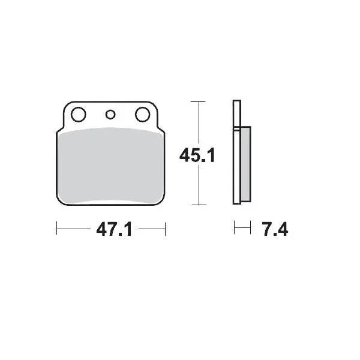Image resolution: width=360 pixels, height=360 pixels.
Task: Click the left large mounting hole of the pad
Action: pos(77,114)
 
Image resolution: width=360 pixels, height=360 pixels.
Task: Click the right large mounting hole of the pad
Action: pos(142,114)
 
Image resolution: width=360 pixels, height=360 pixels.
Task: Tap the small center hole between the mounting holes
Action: pos(110,114)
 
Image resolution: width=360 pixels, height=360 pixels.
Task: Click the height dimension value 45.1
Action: pos(197,155)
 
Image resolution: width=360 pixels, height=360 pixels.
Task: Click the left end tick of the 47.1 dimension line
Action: pos(56,229)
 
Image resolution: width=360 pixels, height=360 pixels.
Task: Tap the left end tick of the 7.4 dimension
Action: pos(235,229)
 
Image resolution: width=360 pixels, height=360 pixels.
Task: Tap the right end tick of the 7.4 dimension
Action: pos(248,229)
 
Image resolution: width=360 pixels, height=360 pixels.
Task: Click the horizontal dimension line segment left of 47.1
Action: pos(75,229)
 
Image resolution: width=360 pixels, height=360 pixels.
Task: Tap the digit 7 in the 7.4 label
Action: pos(266,229)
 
